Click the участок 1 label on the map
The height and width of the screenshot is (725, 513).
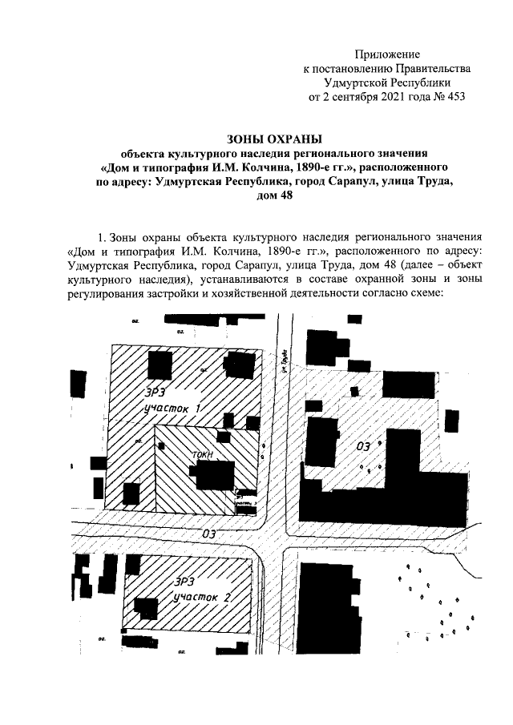[x=170, y=409]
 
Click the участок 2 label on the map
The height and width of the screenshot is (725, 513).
[x=204, y=598]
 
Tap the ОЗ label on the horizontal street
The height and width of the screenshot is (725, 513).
[x=210, y=532]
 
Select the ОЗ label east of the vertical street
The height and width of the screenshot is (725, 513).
[x=363, y=445]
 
